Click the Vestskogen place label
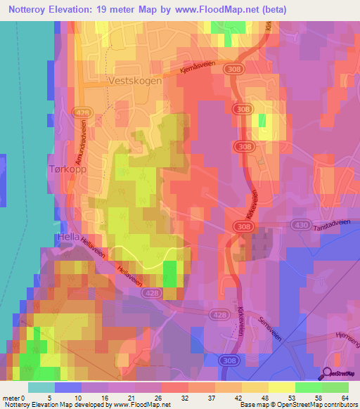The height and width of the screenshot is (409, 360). click(x=136, y=81)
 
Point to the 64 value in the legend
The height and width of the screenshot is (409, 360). click(x=345, y=397)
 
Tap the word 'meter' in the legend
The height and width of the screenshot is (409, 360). click(x=11, y=397)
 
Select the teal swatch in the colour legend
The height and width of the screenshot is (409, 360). click(x=41, y=387)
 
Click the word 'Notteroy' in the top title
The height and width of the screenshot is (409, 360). click(x=30, y=9)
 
